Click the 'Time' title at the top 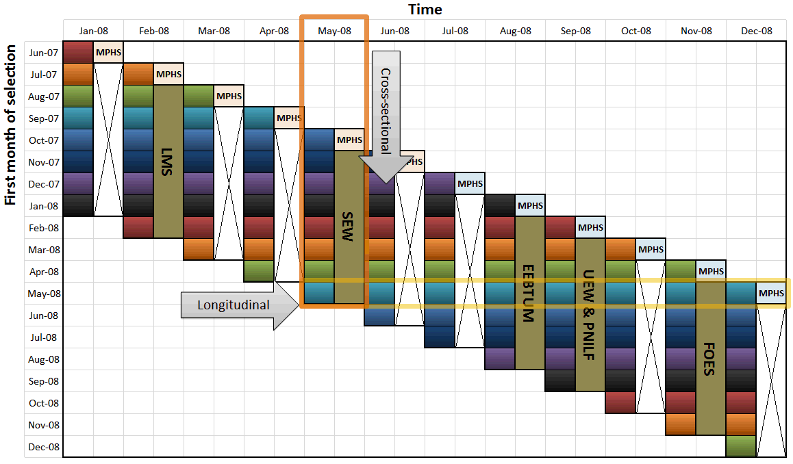pos(425,9)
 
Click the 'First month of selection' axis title pos(10,126)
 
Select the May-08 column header pos(334,31)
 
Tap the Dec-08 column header pos(756,31)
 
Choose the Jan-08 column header pos(93,31)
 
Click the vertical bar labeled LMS pos(168,162)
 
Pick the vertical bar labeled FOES pos(711,359)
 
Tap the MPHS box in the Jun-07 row pos(108,53)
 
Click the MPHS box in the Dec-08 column pos(771,294)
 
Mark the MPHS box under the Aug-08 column pos(530,206)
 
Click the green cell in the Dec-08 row pos(741,446)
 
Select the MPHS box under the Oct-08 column pos(651,250)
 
